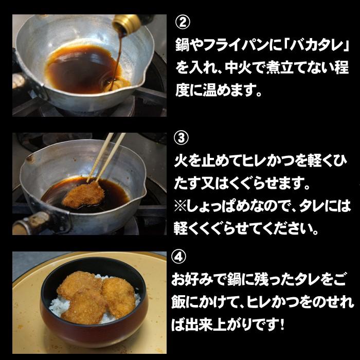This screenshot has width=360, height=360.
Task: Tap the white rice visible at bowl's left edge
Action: pyautogui.click(x=58, y=305)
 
